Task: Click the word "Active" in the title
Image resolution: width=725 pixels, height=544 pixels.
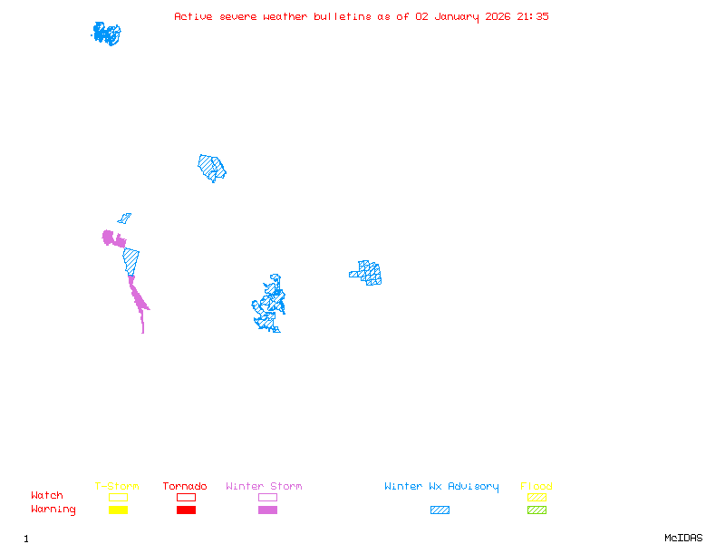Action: [194, 16]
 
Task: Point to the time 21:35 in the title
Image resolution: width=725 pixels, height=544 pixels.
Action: [533, 16]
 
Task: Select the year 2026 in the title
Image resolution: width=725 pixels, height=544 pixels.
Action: [498, 16]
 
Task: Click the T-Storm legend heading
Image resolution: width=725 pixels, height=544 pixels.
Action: [117, 487]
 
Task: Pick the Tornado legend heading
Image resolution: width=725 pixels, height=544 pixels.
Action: [185, 487]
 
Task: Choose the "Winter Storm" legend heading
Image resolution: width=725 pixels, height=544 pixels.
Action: [264, 487]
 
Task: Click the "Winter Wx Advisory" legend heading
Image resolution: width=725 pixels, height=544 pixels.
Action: [441, 487]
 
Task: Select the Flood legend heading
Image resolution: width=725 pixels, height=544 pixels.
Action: [536, 487]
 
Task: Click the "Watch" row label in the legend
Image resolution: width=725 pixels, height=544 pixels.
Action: [47, 496]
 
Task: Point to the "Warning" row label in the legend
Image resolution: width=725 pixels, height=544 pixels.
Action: [53, 510]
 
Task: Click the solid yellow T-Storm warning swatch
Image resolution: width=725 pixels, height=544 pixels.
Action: [118, 510]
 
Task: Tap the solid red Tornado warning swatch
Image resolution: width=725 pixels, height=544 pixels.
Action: [186, 510]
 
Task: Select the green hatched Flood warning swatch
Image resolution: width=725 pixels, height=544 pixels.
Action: [536, 510]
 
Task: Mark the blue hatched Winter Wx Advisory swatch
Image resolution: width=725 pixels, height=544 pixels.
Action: [440, 510]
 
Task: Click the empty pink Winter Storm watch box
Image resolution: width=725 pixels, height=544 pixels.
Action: [267, 497]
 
